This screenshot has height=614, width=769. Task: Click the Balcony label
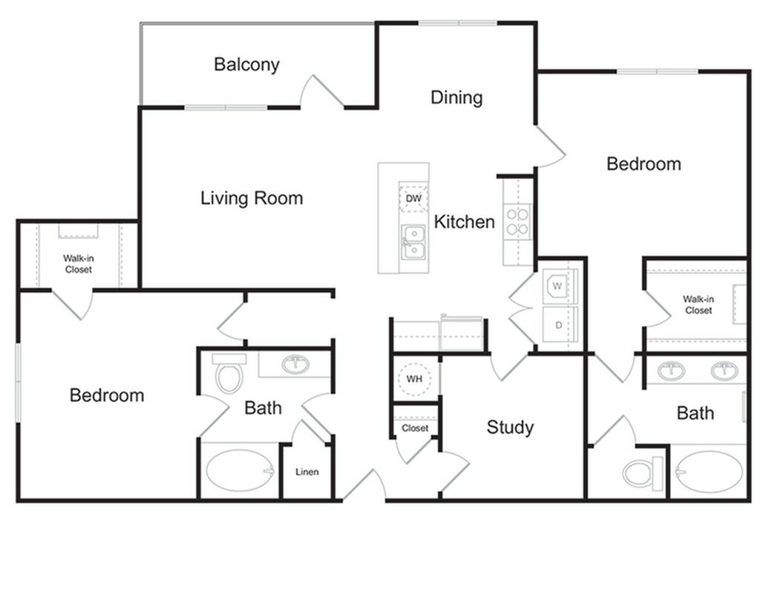click(246, 65)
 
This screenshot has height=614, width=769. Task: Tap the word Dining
click(457, 97)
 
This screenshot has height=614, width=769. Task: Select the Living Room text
click(252, 198)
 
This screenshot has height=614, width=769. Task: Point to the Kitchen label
click(464, 221)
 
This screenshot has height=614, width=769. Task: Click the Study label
click(510, 427)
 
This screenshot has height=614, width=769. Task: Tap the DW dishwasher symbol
click(413, 198)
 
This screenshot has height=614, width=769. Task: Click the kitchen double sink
click(413, 241)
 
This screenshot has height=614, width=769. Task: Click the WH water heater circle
click(414, 379)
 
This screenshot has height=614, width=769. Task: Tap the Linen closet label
click(307, 472)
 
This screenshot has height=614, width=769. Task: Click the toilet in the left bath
click(229, 374)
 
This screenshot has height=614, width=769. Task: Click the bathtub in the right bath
click(709, 472)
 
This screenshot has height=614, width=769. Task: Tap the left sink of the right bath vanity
click(673, 370)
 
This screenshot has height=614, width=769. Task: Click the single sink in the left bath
click(296, 365)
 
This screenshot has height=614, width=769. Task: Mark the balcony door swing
click(321, 92)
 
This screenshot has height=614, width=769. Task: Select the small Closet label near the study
click(415, 428)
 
